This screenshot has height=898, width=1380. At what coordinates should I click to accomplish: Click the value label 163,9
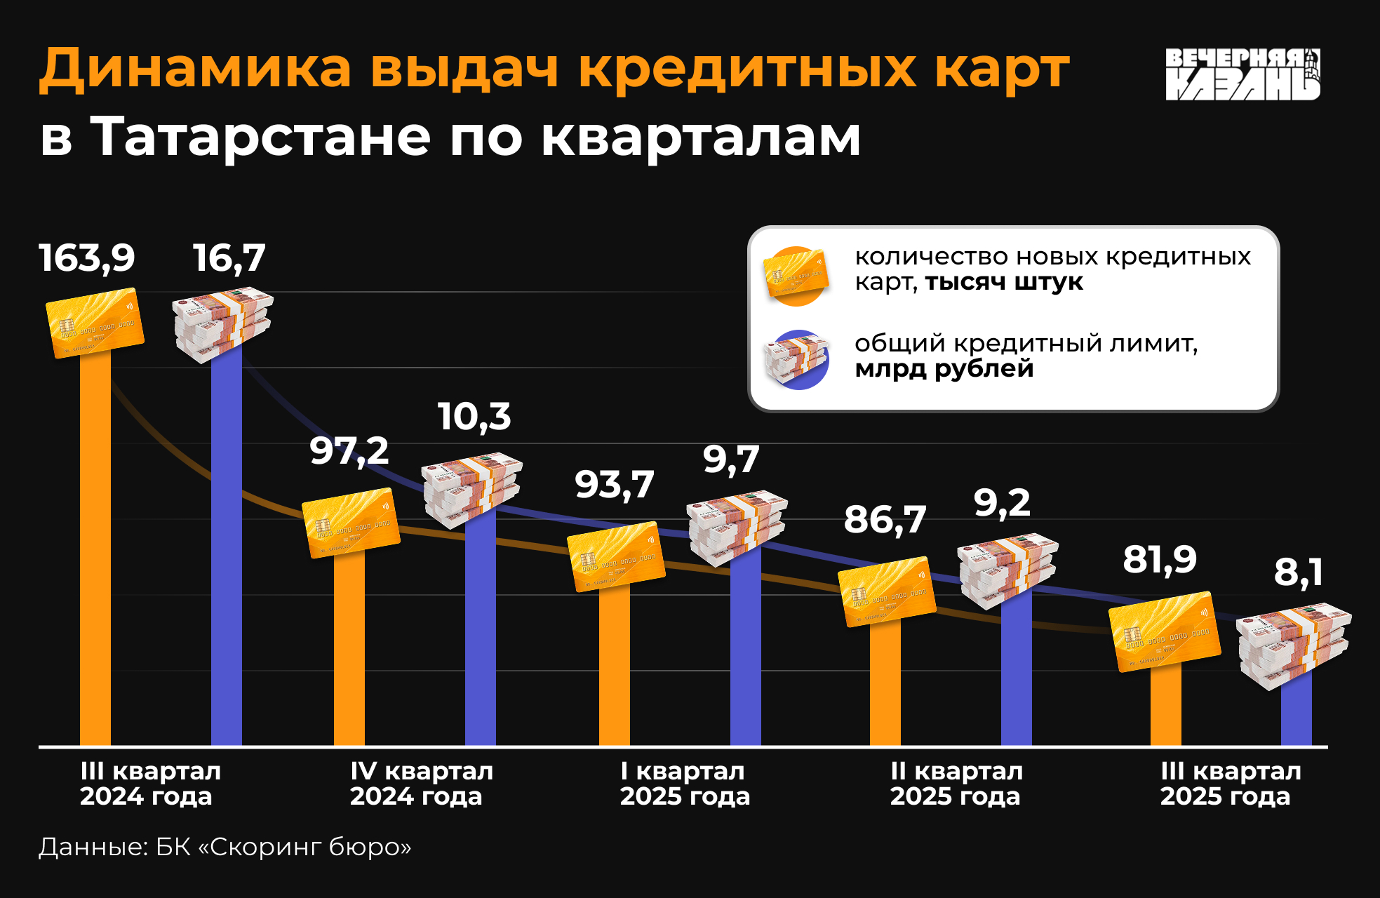click(87, 258)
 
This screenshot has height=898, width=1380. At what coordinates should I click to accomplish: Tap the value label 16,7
click(229, 258)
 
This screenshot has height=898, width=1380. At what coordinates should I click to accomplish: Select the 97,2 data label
click(349, 450)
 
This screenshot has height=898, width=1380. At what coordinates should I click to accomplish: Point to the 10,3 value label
click(474, 417)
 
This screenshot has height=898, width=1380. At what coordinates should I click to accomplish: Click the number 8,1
click(1299, 572)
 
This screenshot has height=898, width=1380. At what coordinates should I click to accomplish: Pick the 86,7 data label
click(885, 520)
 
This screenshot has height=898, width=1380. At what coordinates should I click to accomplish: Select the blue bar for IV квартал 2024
click(481, 631)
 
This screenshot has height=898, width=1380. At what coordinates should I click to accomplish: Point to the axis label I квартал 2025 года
click(685, 784)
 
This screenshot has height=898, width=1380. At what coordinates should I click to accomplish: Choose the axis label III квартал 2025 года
click(1231, 784)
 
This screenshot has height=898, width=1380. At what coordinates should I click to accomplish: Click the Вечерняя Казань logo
click(1242, 74)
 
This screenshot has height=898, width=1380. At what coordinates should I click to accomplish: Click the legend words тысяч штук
click(1004, 283)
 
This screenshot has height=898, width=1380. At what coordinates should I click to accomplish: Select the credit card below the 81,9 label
click(1165, 631)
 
